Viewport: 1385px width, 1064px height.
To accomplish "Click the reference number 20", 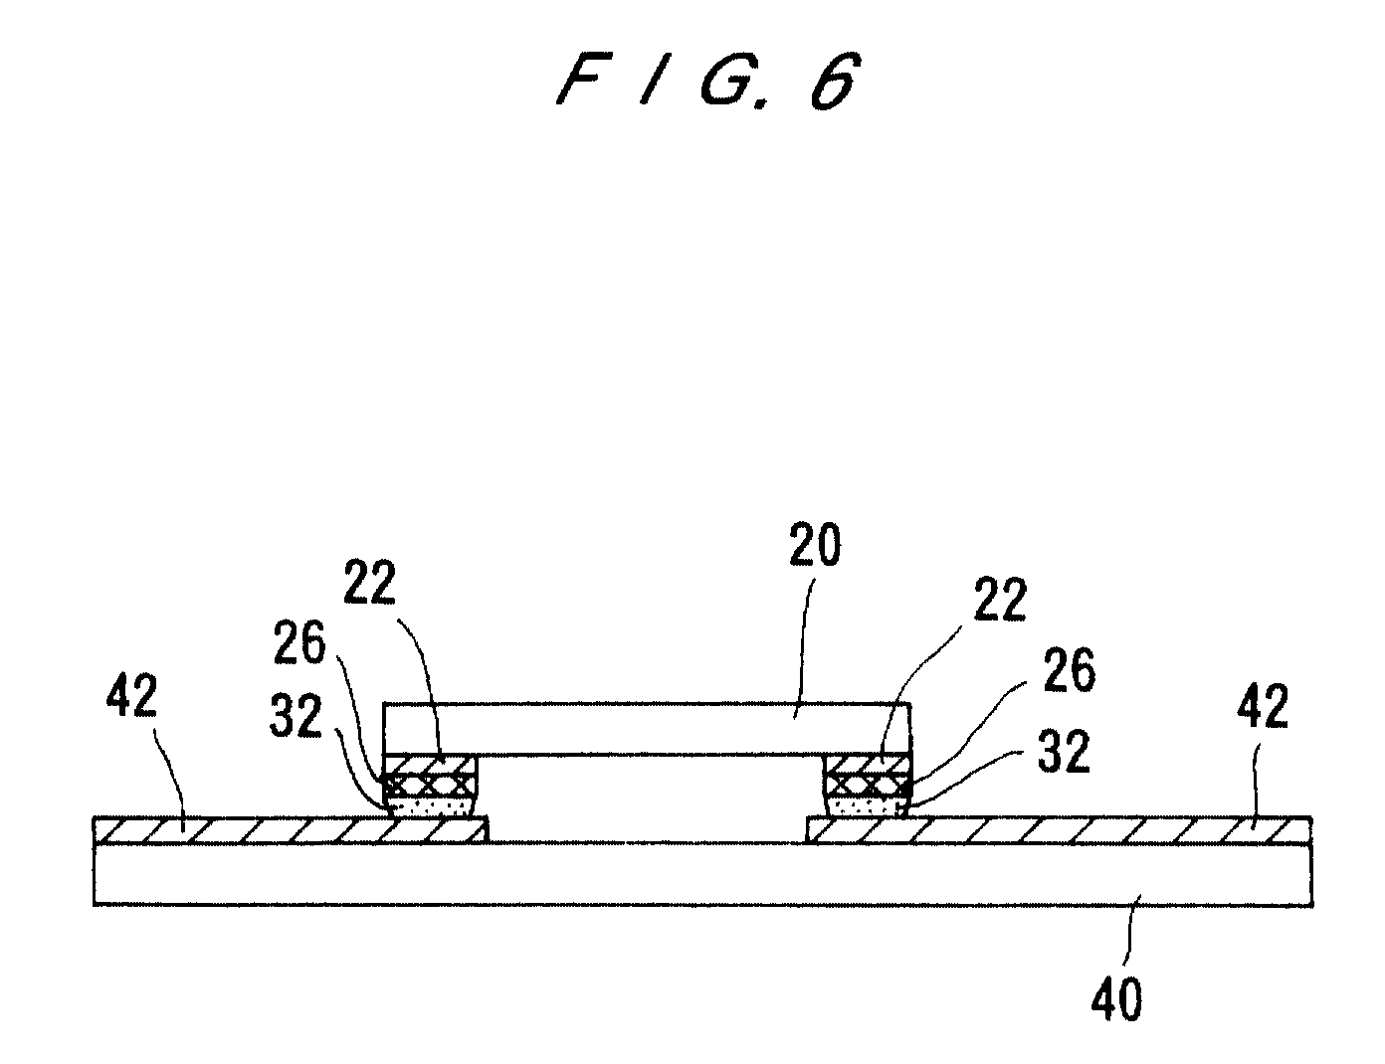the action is pos(815,544).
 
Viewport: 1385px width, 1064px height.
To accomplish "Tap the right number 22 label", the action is pos(1000,600).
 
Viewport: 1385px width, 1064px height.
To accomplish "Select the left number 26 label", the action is pos(299,642).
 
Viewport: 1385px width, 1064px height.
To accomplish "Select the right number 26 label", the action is pos(1069,669).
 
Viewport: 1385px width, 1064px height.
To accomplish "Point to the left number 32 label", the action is pos(296,716).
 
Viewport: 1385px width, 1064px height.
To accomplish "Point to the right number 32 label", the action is pos(1064,752).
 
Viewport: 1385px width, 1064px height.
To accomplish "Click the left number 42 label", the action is pos(131,697).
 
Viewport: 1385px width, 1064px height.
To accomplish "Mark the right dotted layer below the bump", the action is pos(868,808).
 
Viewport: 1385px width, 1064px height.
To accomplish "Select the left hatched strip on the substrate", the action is pos(292,830).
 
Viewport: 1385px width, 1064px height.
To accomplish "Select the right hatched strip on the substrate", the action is pos(1059,830).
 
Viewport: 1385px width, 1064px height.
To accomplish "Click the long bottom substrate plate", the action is pos(702,874).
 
